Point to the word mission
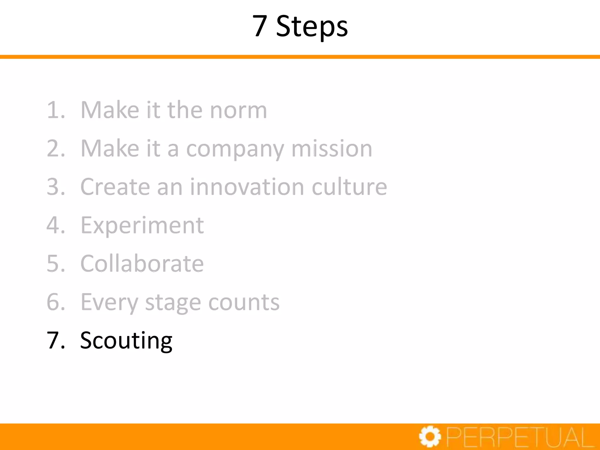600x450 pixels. tap(332, 149)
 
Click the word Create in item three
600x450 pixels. tap(115, 187)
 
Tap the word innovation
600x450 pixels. tap(247, 187)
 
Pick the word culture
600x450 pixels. tap(349, 187)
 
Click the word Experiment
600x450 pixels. tap(142, 226)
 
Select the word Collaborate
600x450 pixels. tap(142, 263)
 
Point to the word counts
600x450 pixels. tap(244, 302)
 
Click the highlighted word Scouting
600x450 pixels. tap(126, 341)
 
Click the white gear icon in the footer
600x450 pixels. tap(430, 437)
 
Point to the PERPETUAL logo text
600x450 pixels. tap(520, 437)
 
